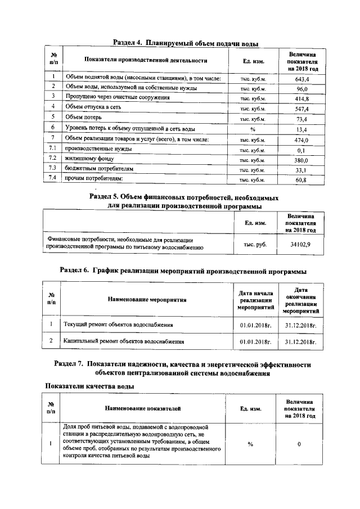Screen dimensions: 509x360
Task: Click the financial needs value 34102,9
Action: [300, 245]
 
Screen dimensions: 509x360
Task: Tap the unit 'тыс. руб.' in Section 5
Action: [255, 245]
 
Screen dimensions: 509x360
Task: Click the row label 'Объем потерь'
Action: [83, 117]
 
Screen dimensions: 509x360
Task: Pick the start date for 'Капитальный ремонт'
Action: [255, 341]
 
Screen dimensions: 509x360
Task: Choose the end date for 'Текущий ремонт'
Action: [301, 325]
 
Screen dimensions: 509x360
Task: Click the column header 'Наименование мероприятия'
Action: [147, 300]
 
